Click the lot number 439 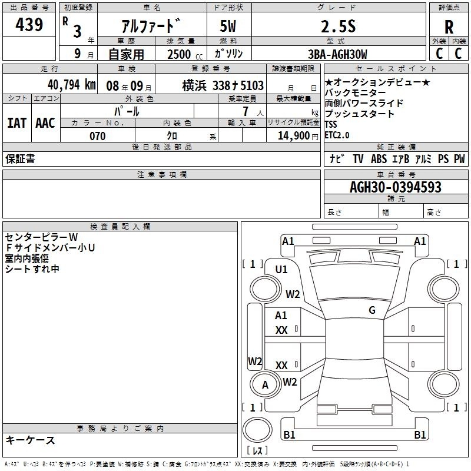29,24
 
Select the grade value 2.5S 339,26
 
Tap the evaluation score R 449,27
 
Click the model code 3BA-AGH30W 337,54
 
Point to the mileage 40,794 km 72,85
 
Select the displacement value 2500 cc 185,54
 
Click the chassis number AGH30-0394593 396,187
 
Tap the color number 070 98,136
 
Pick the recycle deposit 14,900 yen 298,136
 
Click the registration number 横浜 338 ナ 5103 223,85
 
